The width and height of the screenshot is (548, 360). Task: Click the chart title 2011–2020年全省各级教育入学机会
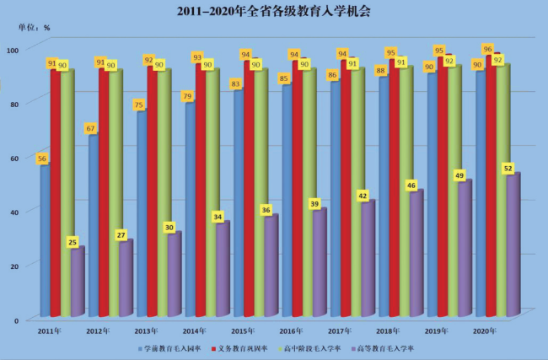click(x=273, y=12)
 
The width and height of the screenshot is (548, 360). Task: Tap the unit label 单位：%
click(x=35, y=27)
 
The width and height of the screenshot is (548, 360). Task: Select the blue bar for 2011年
click(x=45, y=244)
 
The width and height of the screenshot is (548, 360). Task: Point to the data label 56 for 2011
click(x=41, y=159)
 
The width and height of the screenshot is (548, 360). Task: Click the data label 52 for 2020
click(x=508, y=169)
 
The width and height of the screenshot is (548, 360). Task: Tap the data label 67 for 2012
click(x=90, y=128)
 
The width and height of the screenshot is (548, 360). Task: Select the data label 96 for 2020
click(x=487, y=49)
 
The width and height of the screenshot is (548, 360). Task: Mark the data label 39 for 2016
click(x=314, y=204)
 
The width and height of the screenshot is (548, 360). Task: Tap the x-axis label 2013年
click(x=146, y=330)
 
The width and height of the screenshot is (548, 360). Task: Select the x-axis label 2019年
click(x=437, y=330)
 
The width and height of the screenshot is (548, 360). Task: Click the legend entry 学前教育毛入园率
click(x=173, y=347)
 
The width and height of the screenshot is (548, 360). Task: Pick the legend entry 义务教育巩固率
click(x=243, y=347)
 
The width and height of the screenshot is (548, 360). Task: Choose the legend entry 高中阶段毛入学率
click(x=313, y=347)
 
